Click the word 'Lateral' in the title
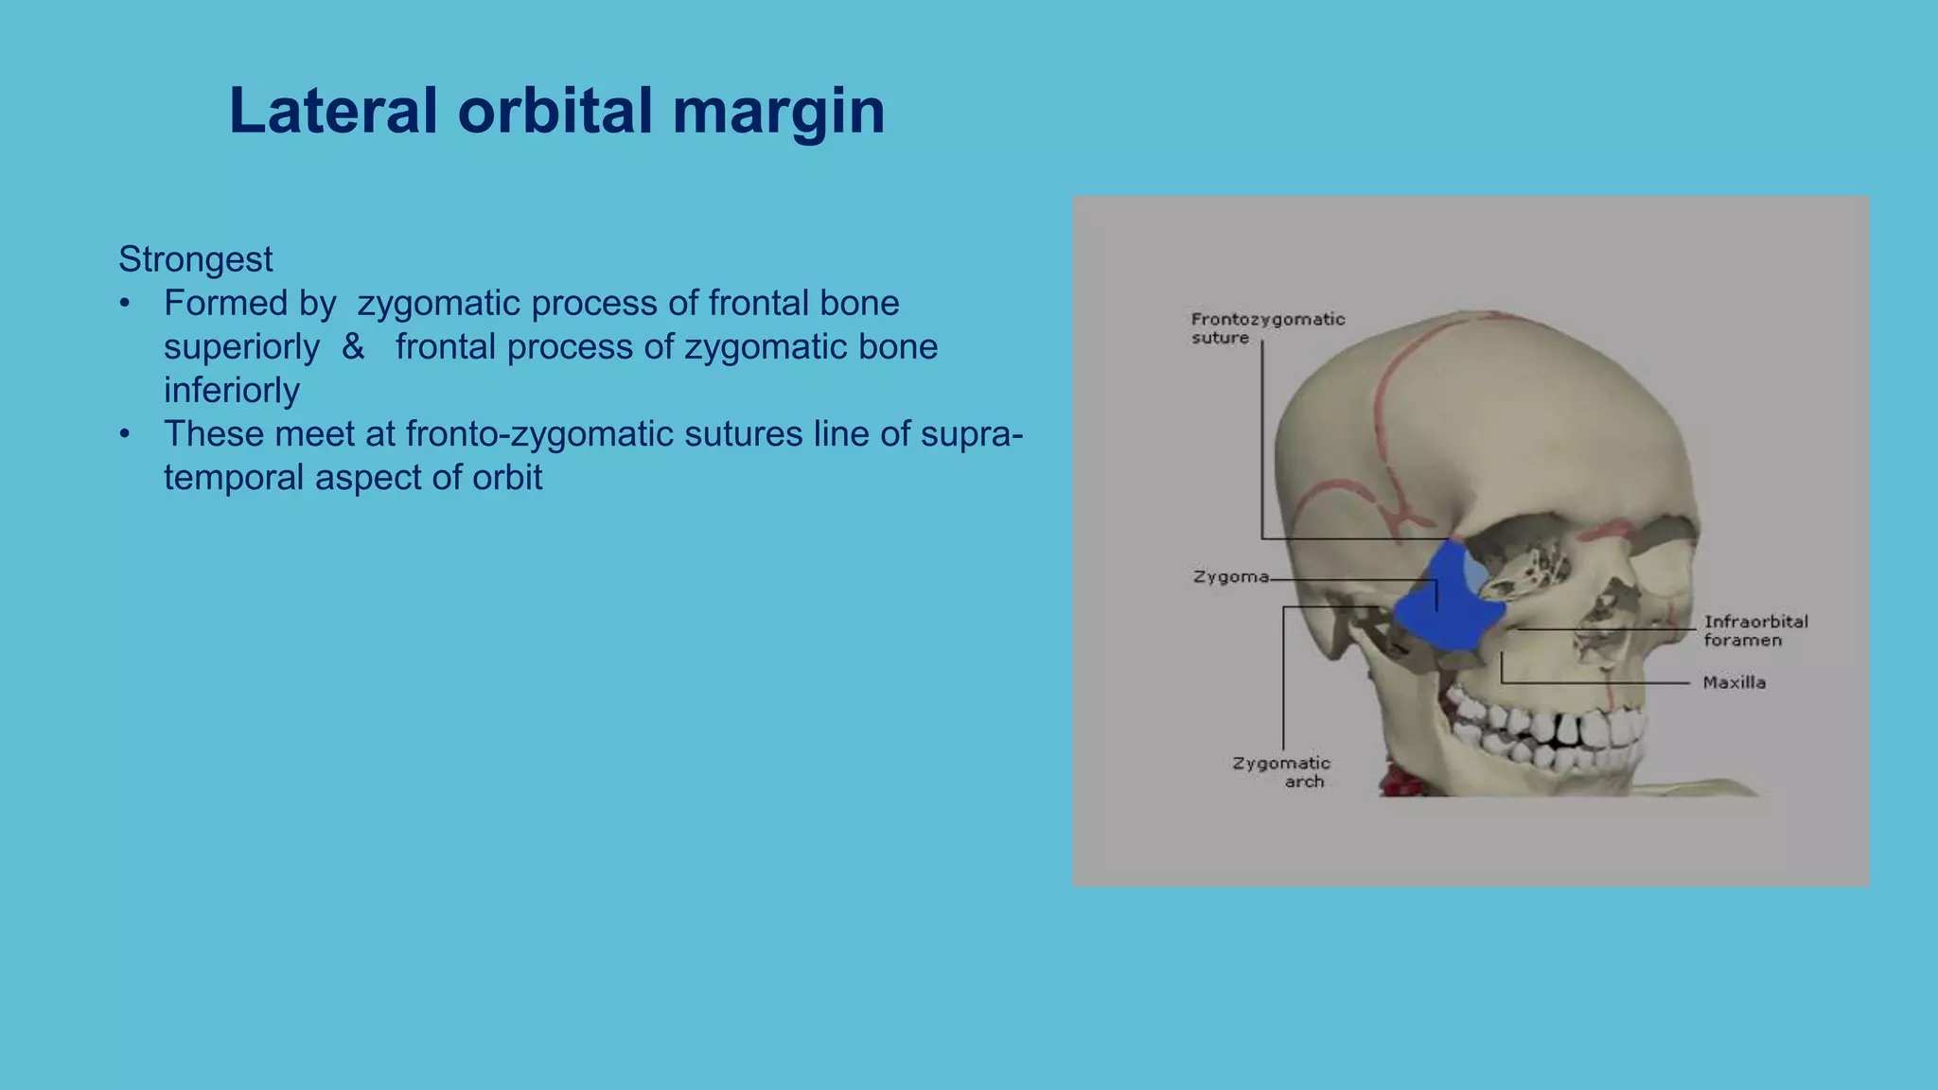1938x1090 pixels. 333,112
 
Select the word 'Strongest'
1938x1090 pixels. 195,259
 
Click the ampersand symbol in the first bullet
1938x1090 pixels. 353,346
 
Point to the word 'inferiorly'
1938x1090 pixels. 231,390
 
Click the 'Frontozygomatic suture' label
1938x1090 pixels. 1266,328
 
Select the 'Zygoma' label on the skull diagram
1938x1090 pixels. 1230,576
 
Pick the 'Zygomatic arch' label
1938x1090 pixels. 1282,771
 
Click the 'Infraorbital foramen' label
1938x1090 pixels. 1754,630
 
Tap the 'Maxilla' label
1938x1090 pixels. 1734,682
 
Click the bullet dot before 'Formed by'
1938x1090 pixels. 125,304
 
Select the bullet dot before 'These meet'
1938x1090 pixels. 125,434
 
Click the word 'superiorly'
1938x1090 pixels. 241,346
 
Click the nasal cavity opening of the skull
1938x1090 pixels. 1604,624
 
